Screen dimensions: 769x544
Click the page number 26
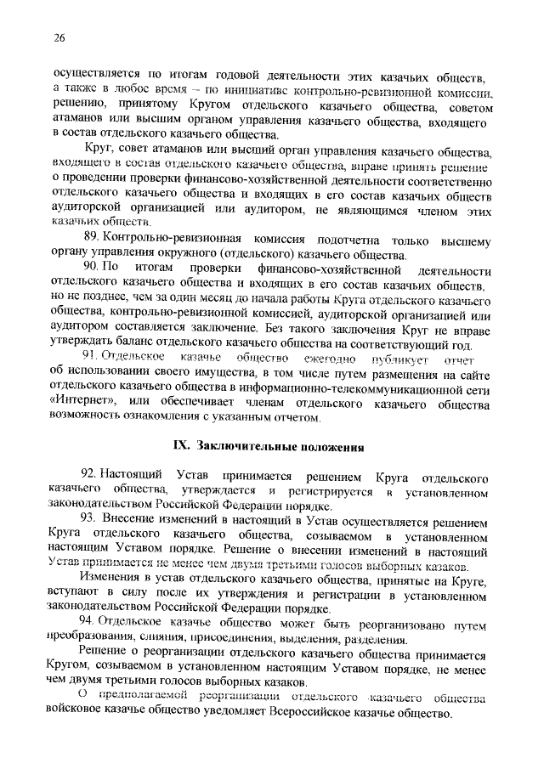(59, 37)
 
